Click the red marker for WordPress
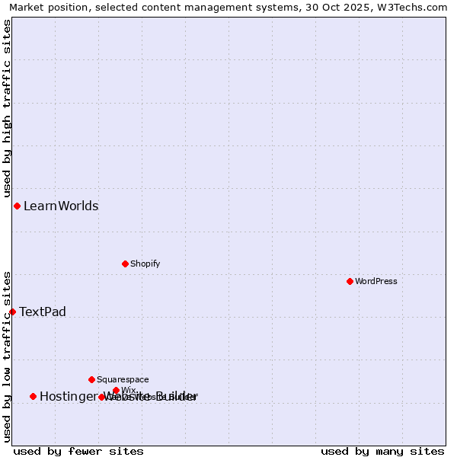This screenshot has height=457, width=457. (x=350, y=281)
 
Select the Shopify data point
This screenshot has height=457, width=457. (x=125, y=264)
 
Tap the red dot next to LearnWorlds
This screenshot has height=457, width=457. (x=17, y=206)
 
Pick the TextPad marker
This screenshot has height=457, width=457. (x=12, y=312)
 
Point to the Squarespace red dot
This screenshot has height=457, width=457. (x=91, y=379)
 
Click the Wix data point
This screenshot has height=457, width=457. (x=116, y=390)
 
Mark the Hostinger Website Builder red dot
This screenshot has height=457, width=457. (x=33, y=396)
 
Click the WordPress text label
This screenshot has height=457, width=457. (x=376, y=281)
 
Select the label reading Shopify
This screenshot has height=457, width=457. (x=145, y=264)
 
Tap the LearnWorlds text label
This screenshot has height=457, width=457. (x=61, y=206)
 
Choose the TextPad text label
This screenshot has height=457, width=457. (x=43, y=312)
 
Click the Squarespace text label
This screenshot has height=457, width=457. (x=123, y=379)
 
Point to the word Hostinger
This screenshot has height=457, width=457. (x=69, y=396)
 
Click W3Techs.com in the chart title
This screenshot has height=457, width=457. (x=414, y=8)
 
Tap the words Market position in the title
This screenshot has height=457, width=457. (x=46, y=8)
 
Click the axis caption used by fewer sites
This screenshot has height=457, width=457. (x=78, y=451)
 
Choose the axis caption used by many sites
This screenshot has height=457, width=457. (x=382, y=451)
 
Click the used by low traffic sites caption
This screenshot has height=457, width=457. (x=7, y=356)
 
